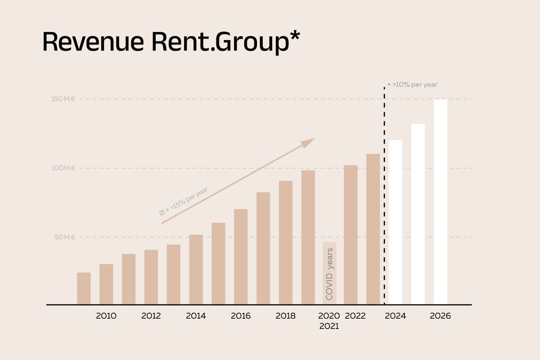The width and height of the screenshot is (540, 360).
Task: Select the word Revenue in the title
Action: [93, 41]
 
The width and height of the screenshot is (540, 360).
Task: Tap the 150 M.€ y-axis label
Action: [63, 99]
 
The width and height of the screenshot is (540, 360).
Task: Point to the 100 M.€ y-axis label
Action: [63, 168]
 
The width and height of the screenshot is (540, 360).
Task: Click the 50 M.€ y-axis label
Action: [65, 237]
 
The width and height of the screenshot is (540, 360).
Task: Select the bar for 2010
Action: [106, 284]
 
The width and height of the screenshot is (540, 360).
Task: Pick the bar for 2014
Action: [196, 270]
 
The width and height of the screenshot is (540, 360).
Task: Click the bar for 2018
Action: [286, 243]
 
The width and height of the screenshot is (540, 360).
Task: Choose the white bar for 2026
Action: [441, 202]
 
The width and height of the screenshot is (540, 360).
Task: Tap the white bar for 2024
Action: [396, 222]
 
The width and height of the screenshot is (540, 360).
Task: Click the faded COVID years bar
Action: [329, 273]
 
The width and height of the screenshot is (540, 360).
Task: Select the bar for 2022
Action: [351, 234]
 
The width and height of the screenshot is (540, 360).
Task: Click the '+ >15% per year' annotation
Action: [183, 202]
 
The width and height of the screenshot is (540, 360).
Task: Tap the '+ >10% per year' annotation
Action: [412, 85]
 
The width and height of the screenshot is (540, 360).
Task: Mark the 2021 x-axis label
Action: [329, 326]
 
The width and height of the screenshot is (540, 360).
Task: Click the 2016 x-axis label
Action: [241, 316]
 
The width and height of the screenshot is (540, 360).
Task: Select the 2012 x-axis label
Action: [151, 316]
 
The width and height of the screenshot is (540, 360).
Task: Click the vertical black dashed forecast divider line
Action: [384, 196]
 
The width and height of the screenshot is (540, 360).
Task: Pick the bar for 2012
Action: [151, 277]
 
